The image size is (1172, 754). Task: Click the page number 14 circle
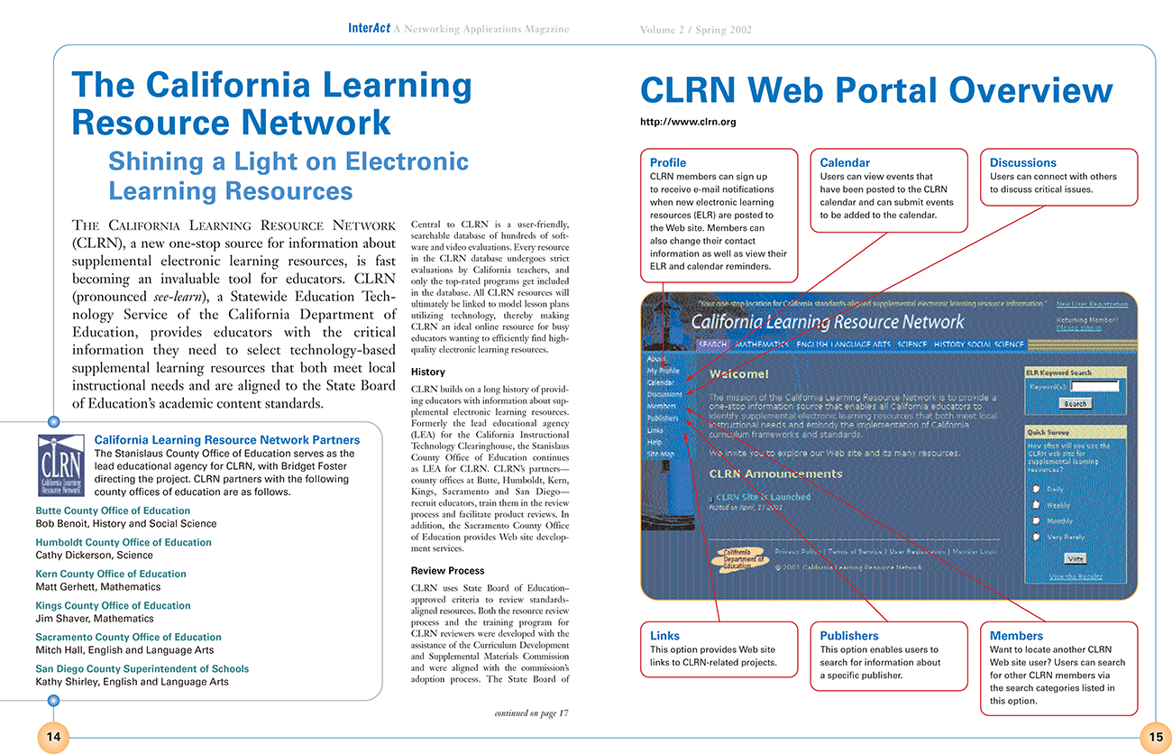point(53,737)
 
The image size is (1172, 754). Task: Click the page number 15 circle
point(1156,737)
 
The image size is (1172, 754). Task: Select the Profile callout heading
point(668,162)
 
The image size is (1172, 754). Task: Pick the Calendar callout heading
point(845,162)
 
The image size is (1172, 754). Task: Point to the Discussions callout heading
point(1022,162)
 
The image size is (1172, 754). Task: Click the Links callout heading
point(664,636)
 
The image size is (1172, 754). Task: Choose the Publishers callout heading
point(848,636)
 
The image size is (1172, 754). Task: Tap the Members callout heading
point(1016,636)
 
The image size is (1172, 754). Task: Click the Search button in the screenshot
point(1075,404)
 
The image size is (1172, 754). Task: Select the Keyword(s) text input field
point(1094,386)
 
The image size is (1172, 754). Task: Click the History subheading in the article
point(427,372)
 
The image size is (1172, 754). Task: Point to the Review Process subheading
point(447,571)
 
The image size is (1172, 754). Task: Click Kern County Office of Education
point(110,574)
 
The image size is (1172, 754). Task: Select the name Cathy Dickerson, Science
point(94,556)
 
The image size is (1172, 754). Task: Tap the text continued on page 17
point(532,713)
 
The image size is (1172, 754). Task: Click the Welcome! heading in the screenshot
point(738,373)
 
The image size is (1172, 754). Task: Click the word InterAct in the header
point(369,29)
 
